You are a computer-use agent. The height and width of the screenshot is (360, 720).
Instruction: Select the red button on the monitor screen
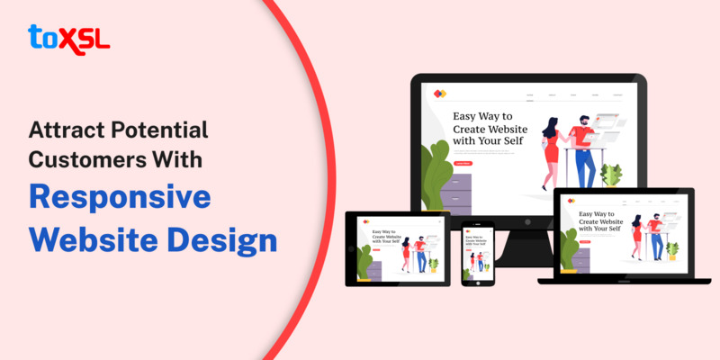coord(463,163)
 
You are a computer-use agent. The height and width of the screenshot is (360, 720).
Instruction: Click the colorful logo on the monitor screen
coord(438,94)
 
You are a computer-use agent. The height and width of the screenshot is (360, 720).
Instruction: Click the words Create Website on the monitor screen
coord(490,130)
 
